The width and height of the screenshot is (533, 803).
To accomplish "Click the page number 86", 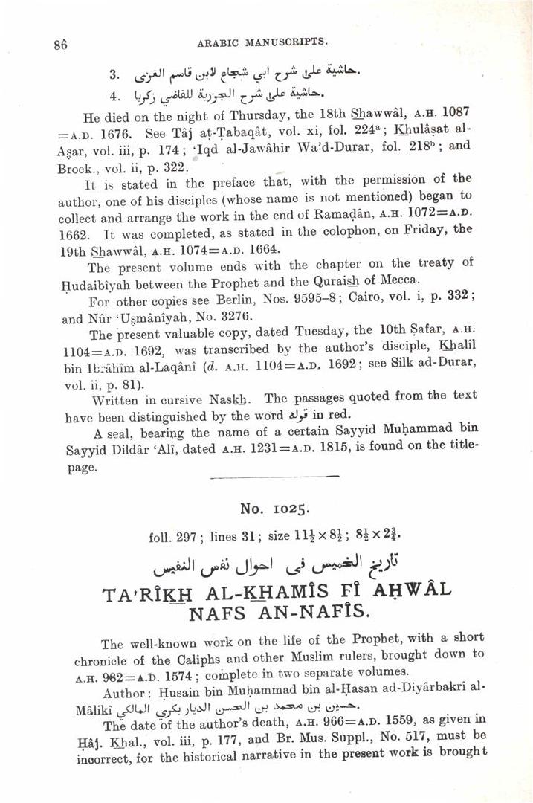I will click(x=61, y=43).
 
